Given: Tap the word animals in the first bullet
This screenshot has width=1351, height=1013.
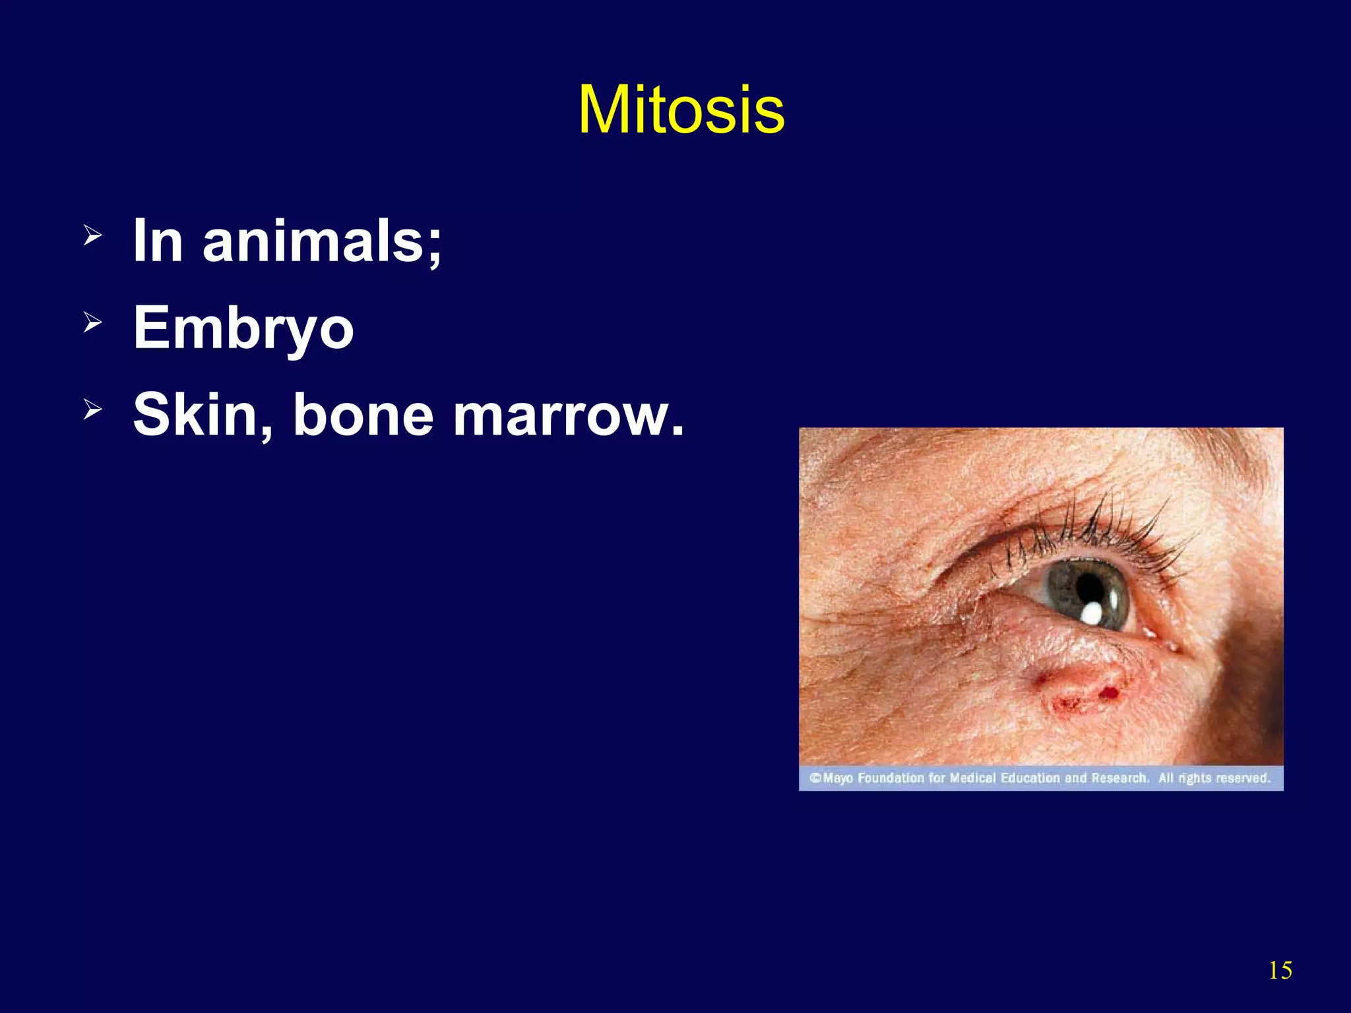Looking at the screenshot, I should (321, 241).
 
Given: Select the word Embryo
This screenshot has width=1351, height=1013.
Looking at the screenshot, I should (243, 328).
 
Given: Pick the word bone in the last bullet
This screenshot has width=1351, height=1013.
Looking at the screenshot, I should (363, 415).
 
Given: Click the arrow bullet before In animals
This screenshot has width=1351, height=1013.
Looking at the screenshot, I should (92, 235).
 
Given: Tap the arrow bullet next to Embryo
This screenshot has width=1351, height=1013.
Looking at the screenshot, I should (92, 322).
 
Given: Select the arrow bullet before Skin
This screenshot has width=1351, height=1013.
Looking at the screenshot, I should (92, 410).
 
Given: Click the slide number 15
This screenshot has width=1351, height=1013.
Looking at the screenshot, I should (1280, 970).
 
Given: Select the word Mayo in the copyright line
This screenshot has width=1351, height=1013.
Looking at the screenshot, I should (838, 778).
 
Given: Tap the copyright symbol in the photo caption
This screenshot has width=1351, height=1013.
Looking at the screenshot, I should (815, 778).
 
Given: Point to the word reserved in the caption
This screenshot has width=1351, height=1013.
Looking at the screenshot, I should (1243, 778).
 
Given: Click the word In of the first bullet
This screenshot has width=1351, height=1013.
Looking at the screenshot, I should (157, 241).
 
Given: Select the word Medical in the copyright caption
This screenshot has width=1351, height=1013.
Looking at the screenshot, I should (973, 778).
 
